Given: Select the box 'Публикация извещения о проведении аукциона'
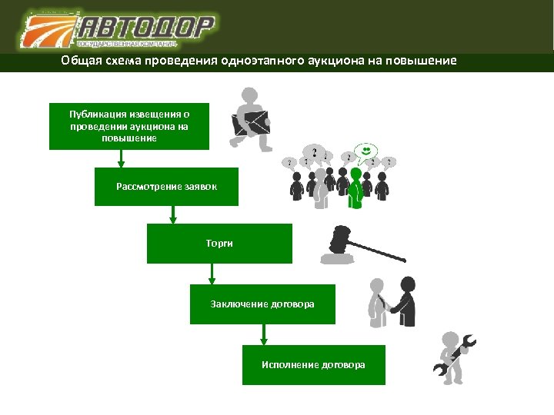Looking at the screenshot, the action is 128,125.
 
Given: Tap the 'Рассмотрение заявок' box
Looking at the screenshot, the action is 166,186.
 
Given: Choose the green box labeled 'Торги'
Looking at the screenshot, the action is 219,243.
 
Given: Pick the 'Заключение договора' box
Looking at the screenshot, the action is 262,304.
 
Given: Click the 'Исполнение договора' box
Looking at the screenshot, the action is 313,364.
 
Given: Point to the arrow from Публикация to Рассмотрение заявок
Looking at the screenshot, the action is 121,159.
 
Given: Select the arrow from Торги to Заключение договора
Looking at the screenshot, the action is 212,274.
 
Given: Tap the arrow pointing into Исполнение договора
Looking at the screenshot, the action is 264,334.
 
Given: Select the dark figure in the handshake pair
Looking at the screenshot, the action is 405,302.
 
